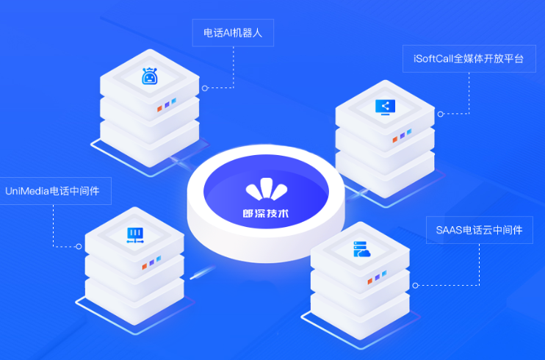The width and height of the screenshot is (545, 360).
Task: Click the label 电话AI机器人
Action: point(233,33)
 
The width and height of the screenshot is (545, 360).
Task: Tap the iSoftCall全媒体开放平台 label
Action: point(469,59)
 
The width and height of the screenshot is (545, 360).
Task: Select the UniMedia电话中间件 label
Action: point(52,191)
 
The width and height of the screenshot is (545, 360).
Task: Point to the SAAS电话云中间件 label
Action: point(480,230)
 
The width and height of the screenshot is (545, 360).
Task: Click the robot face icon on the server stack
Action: point(150,76)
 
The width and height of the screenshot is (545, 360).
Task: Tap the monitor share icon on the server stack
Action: point(385,107)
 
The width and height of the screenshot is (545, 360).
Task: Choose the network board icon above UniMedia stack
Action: point(135,236)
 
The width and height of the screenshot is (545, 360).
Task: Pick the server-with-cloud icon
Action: point(361,249)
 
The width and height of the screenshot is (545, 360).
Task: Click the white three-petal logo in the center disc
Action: point(267,190)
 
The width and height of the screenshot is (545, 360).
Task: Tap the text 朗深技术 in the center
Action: point(266,213)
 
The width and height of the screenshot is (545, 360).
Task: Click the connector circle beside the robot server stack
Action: point(205,88)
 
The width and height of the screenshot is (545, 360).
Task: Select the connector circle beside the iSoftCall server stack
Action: point(441,114)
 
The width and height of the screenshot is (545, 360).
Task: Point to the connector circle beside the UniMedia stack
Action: point(79,247)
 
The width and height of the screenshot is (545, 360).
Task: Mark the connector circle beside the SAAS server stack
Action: point(415,286)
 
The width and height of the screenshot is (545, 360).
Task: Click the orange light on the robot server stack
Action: point(159,109)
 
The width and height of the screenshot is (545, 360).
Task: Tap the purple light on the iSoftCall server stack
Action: point(403,136)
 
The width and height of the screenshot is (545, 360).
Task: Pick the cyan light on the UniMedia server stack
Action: point(159,259)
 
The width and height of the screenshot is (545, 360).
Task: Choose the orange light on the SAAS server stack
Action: point(370,281)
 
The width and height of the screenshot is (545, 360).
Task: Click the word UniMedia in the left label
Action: point(27,191)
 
